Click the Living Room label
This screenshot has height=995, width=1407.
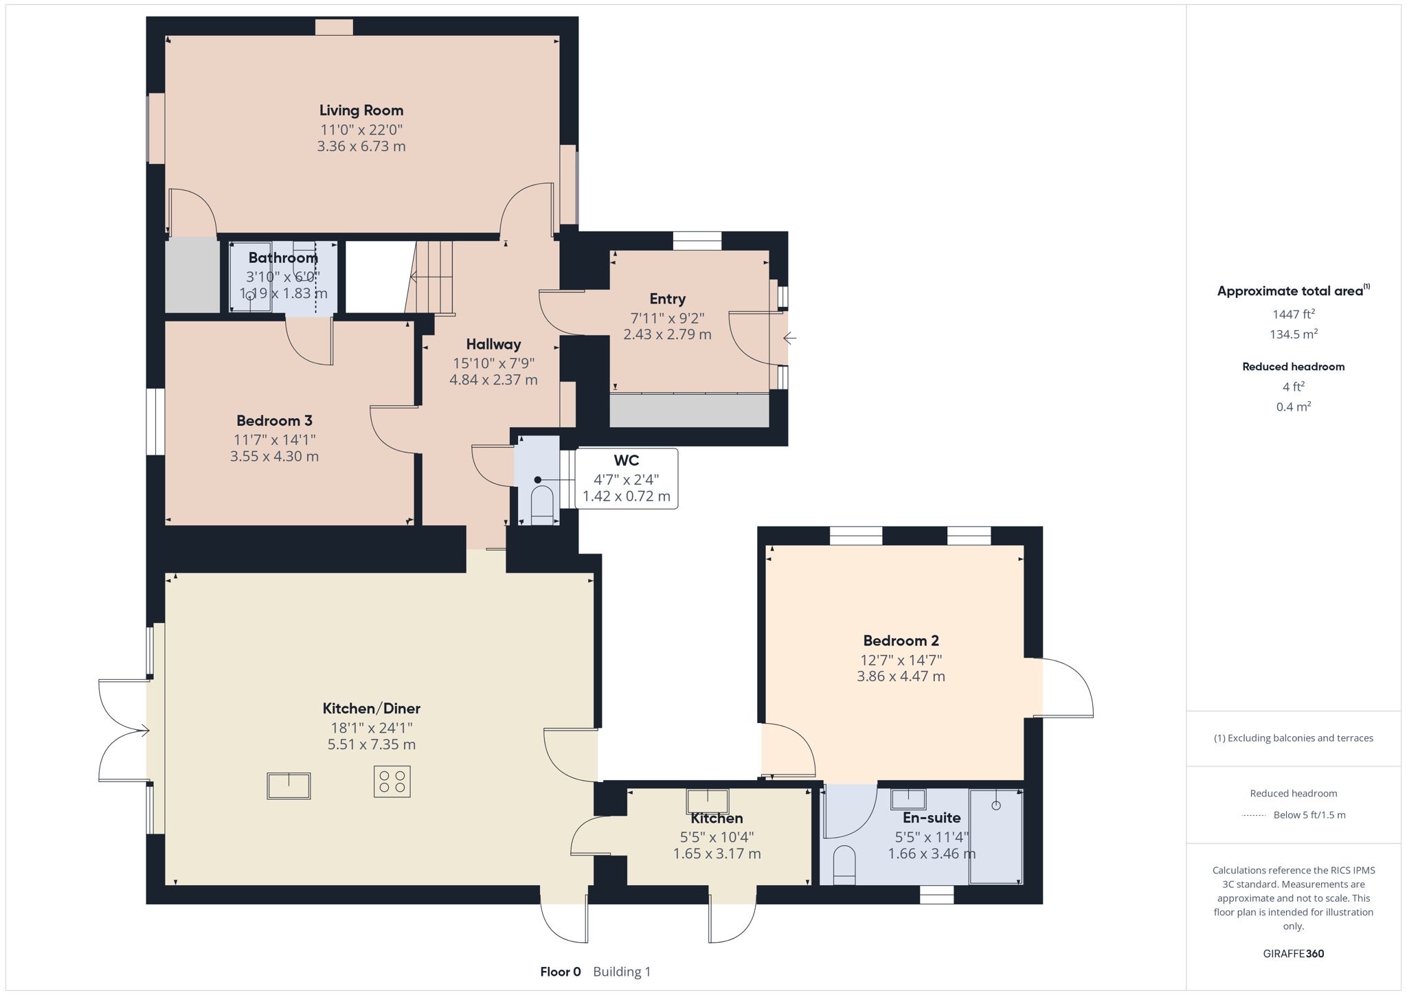pyautogui.click(x=361, y=110)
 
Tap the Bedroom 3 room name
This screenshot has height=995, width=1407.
pyautogui.click(x=274, y=420)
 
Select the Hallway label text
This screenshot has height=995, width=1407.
pyautogui.click(x=493, y=344)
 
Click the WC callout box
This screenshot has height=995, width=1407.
pyautogui.click(x=626, y=479)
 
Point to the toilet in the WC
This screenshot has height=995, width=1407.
pyautogui.click(x=542, y=505)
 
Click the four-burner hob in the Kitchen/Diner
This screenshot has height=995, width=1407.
pyautogui.click(x=392, y=781)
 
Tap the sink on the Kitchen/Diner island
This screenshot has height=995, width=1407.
pyautogui.click(x=289, y=786)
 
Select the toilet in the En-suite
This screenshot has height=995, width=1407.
pyautogui.click(x=844, y=865)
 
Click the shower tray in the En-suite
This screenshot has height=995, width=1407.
pyautogui.click(x=995, y=836)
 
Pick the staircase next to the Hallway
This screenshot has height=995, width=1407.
pyautogui.click(x=430, y=277)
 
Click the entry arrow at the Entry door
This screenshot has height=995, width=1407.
pyautogui.click(x=789, y=338)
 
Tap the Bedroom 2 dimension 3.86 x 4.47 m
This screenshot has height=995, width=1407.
pyautogui.click(x=901, y=676)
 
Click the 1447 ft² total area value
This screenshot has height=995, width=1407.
pyautogui.click(x=1294, y=314)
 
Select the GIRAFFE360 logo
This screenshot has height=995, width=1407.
pyautogui.click(x=1294, y=953)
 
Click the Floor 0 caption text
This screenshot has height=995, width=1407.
pyautogui.click(x=561, y=972)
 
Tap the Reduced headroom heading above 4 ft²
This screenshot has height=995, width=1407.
pyautogui.click(x=1294, y=367)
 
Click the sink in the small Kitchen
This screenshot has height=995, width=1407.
pyautogui.click(x=708, y=801)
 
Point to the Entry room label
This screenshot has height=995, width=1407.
pyautogui.click(x=667, y=299)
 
